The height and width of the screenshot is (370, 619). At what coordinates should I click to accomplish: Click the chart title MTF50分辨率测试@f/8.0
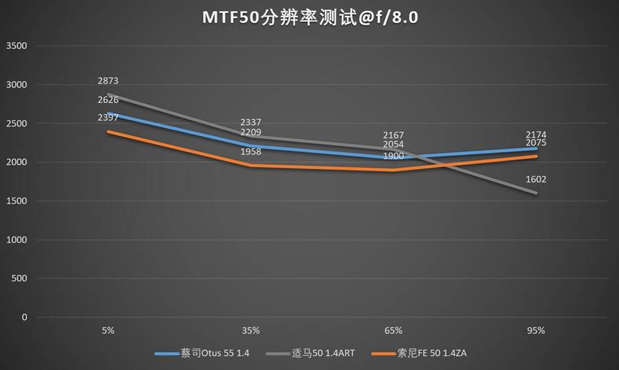click(x=309, y=18)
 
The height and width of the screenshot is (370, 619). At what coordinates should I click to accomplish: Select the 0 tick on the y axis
click(x=23, y=318)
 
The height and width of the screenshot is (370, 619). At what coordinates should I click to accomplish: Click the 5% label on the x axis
click(x=108, y=331)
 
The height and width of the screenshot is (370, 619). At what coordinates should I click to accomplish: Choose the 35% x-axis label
click(x=250, y=331)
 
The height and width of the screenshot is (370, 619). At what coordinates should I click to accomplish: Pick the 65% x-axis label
click(x=393, y=331)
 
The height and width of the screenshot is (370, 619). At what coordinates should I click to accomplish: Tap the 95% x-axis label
click(x=536, y=331)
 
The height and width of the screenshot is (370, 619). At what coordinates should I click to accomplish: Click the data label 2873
click(x=108, y=81)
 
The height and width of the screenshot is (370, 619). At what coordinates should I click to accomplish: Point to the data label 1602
click(x=536, y=179)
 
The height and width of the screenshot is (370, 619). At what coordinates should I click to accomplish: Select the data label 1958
click(x=250, y=152)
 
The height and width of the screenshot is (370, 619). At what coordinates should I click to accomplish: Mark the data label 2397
click(x=108, y=118)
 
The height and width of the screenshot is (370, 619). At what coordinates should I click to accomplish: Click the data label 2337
click(x=250, y=122)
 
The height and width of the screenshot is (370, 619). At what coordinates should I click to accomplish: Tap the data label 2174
click(x=536, y=134)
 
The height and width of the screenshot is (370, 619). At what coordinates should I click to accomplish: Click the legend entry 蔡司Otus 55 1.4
click(x=203, y=353)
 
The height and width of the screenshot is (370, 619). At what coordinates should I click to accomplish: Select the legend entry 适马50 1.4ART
click(x=316, y=353)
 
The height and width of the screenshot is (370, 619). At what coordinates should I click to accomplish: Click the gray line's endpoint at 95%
click(x=536, y=193)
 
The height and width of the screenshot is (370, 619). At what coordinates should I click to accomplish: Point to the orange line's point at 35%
click(x=250, y=165)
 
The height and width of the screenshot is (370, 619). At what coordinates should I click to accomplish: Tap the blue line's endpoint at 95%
click(x=536, y=149)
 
